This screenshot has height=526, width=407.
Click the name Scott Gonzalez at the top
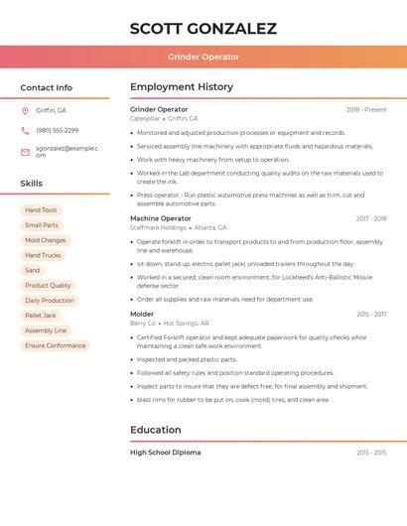pos(203,29)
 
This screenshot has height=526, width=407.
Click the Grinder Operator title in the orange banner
pos(203,57)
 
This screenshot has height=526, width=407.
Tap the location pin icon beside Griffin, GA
pos(25,110)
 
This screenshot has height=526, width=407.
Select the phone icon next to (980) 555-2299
pos(25,130)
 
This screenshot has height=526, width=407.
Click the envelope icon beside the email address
pos(25,152)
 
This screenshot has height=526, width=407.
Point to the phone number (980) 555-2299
pos(57,130)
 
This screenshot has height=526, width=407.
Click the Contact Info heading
pos(46,87)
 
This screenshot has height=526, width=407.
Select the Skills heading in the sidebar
pos(32,184)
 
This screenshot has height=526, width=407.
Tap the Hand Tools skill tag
pos(41,210)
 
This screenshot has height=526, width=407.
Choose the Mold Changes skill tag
pos(46,240)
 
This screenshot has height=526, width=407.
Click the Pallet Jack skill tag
pos(41,316)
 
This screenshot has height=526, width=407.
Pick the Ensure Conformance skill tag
pos(56,345)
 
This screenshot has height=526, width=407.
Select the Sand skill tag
pos(33,270)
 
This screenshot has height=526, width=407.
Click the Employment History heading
pos(182,87)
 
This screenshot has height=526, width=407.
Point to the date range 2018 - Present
pos(366,109)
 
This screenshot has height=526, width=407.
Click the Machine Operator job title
pos(161,218)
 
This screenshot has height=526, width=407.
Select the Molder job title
pos(142,314)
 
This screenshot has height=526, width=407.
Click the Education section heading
pos(156,430)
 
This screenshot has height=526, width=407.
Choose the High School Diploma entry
pos(166,453)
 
